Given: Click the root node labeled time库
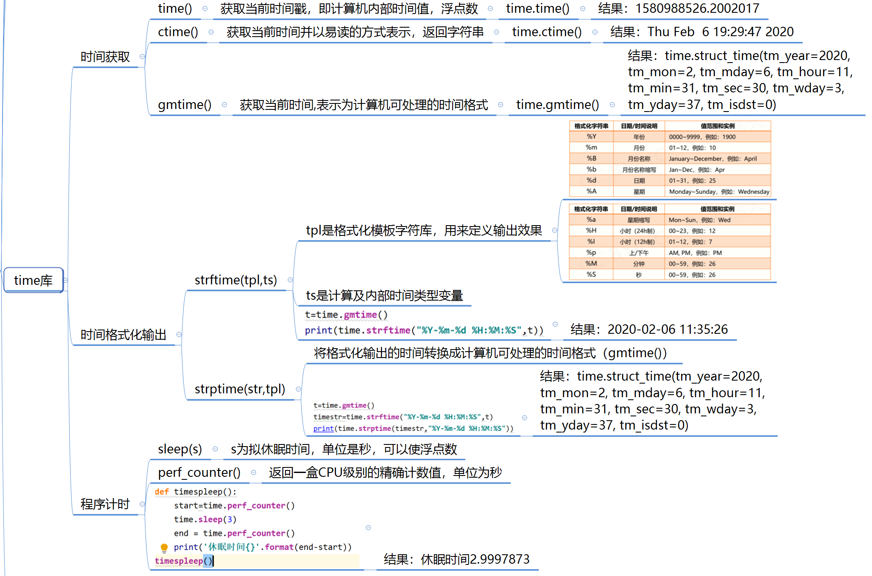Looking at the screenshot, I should point(33,280).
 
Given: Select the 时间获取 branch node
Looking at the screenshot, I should point(105,57).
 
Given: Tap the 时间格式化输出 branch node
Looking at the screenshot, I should point(123,335).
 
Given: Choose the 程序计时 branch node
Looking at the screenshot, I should point(105,504).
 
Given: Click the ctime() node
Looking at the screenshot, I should point(178,32).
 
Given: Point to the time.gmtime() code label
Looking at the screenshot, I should point(557,105).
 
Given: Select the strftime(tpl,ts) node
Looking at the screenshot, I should point(236,280).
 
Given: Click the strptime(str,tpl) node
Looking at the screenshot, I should point(239,389).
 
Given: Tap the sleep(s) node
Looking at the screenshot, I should point(180,449).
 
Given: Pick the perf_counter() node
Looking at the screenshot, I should point(199,473).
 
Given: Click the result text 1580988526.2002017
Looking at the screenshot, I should point(697,9).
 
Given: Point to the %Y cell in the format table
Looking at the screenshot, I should point(591,137).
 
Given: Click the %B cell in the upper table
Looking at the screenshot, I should point(591,158).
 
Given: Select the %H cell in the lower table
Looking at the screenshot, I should point(591,231).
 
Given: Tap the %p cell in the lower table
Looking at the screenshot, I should point(591,252).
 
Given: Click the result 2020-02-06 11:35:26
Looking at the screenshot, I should point(667,330).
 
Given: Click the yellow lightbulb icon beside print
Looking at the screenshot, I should point(164,547).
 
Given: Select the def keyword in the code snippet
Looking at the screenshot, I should point(162,492).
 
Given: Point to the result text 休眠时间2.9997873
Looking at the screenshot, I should point(475,559).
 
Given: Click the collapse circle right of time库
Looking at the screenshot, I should point(66,280).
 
